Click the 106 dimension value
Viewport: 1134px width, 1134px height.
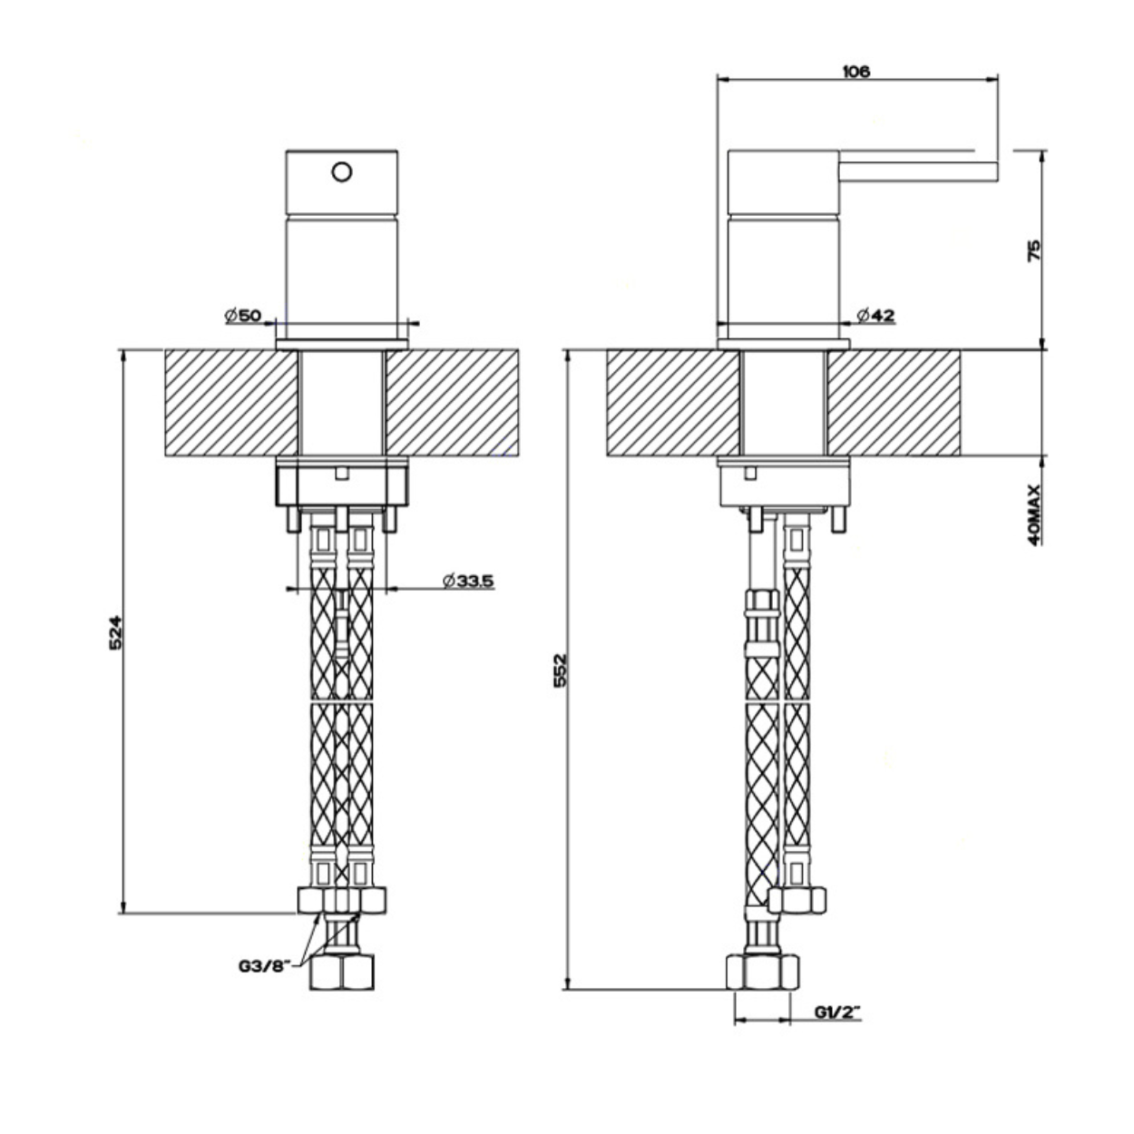coord(856,72)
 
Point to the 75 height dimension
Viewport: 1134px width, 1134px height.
coord(1033,249)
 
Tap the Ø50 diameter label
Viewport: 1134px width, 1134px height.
coord(242,316)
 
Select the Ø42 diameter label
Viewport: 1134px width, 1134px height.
coord(876,316)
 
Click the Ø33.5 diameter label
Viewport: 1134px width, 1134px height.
coord(468,582)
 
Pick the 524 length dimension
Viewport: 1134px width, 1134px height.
coord(115,632)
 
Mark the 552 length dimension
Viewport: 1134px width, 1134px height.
coord(560,670)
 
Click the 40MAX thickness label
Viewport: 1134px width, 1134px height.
coord(1034,514)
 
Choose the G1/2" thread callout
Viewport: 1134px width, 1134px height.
coord(838,1012)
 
